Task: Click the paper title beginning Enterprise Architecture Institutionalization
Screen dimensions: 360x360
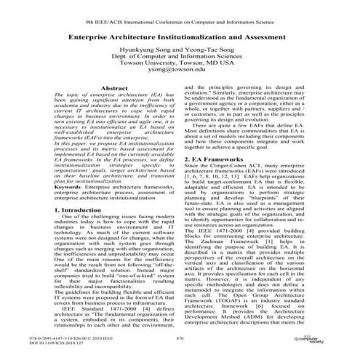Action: pyautogui.click(x=180, y=34)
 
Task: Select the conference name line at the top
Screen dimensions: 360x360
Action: pyautogui.click(x=180, y=12)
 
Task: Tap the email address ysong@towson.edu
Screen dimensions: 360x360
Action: pyautogui.click(x=180, y=73)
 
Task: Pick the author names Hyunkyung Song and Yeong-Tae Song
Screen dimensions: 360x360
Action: pyautogui.click(x=180, y=47)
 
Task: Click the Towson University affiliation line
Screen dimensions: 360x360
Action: pyautogui.click(x=180, y=64)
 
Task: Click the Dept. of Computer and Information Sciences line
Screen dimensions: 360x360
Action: pyautogui.click(x=180, y=55)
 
